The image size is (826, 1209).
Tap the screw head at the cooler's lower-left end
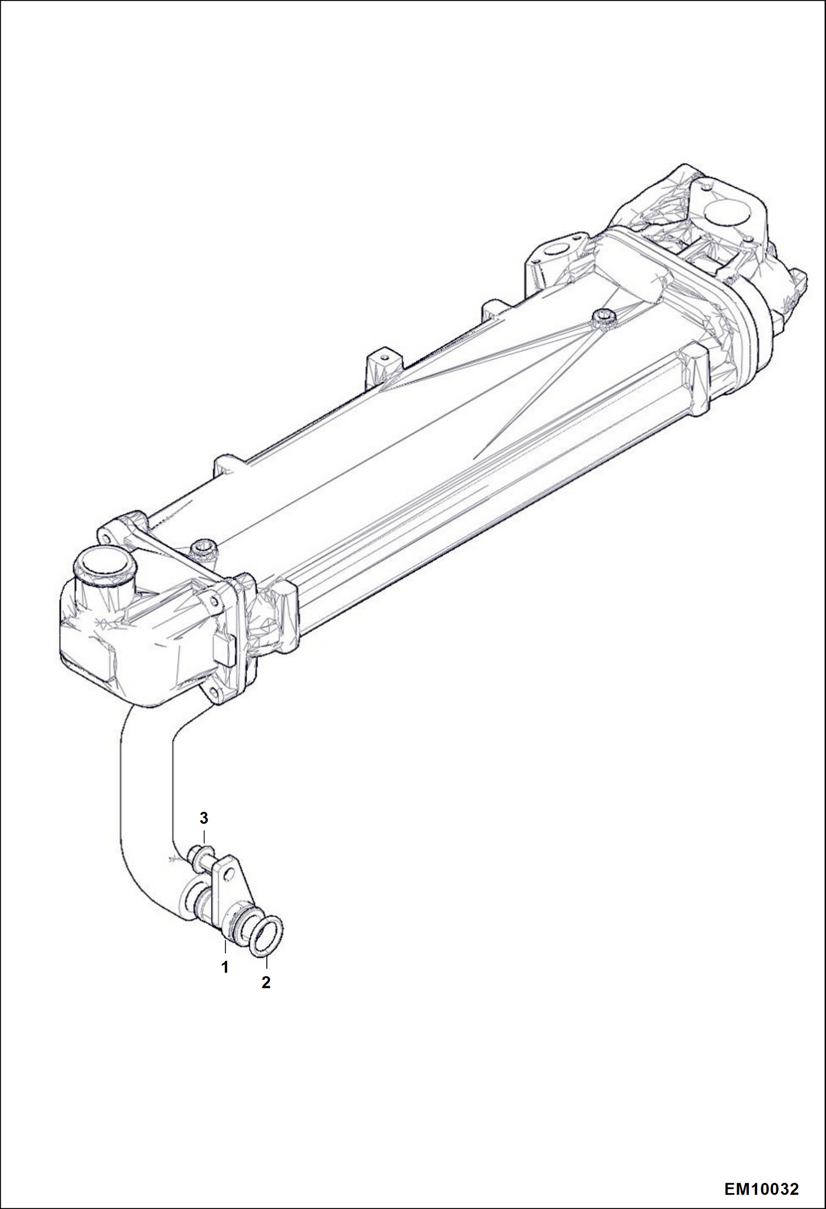pos(203,549)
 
